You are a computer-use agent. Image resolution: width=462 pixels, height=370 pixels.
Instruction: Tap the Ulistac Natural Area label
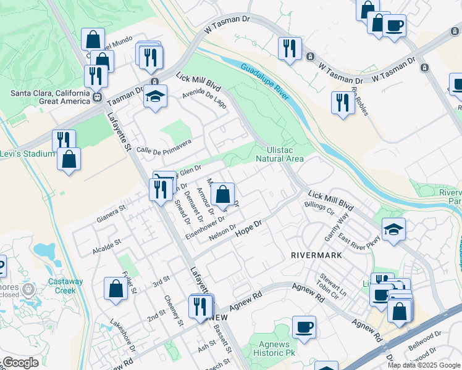(285, 154)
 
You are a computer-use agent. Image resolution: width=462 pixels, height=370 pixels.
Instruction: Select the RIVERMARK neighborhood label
(316, 254)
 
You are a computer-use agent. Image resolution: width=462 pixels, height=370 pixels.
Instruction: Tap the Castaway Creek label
(65, 286)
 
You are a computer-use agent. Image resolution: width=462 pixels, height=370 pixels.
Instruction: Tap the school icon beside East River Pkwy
(393, 229)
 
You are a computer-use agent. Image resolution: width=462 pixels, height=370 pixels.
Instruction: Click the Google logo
(20, 363)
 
